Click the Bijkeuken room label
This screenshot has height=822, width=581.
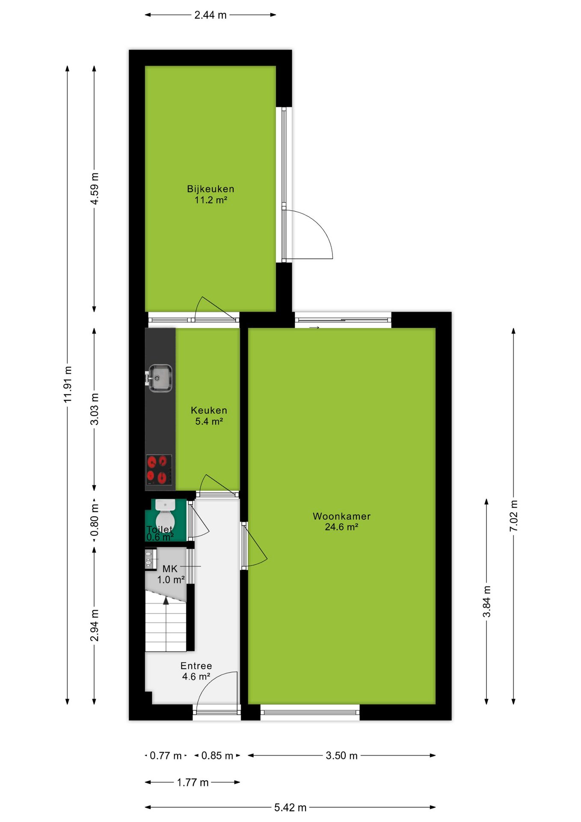(210, 189)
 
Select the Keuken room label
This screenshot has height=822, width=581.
(209, 410)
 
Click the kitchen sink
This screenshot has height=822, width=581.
(160, 378)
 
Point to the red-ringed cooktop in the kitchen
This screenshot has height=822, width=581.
(159, 470)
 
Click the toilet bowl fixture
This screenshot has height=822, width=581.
(165, 512)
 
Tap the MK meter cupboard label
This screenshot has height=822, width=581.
(170, 569)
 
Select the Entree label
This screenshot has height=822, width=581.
(196, 666)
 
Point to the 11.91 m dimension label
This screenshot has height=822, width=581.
(68, 384)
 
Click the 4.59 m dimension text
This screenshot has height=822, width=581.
(95, 188)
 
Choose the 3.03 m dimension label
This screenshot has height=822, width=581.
(95, 409)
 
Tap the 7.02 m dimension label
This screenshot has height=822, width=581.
(513, 515)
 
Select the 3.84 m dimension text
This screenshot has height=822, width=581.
(486, 602)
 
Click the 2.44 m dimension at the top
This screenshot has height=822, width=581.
(210, 15)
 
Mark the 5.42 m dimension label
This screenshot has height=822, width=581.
(290, 807)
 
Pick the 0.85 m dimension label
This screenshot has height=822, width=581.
(217, 756)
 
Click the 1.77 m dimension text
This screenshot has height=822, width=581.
(193, 783)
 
